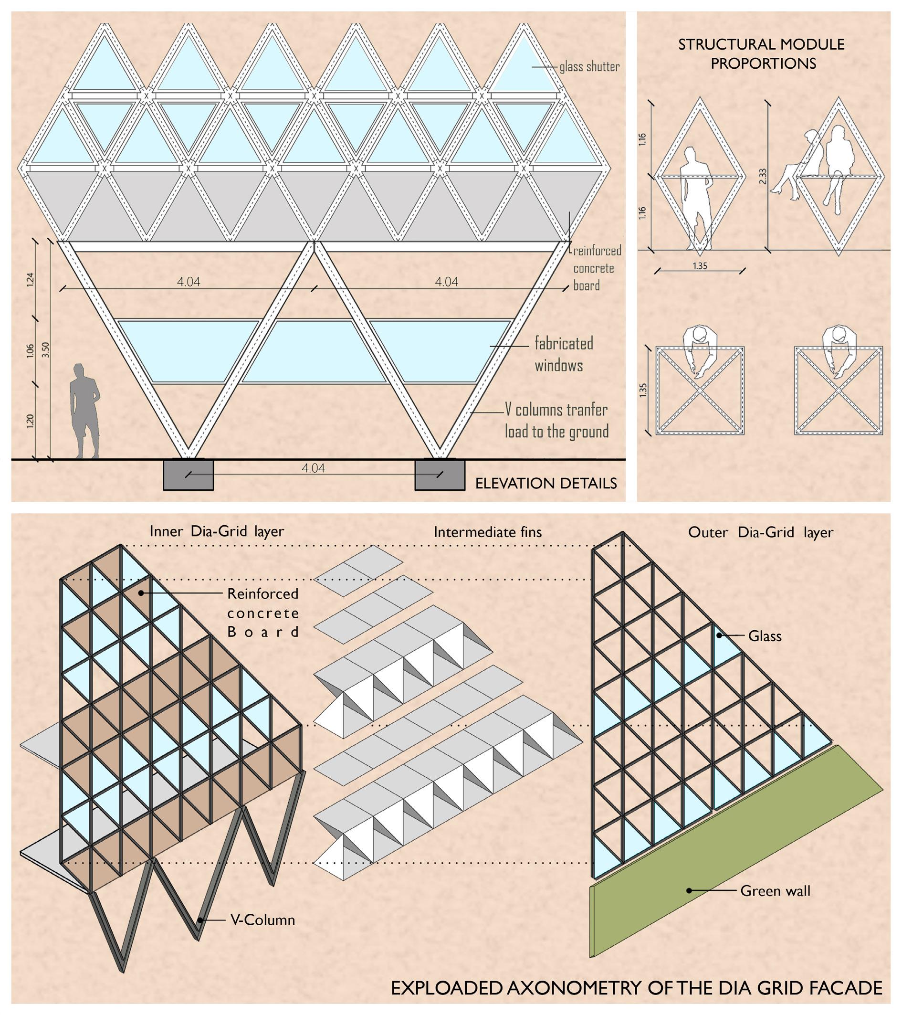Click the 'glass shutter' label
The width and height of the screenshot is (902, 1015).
click(589, 66)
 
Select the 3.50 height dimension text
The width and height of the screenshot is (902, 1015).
click(46, 349)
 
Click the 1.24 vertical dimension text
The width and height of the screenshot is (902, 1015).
click(30, 280)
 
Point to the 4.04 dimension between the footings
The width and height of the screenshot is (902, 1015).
click(313, 468)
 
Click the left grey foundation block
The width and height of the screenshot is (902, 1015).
click(188, 475)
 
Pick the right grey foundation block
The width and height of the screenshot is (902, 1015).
click(440, 475)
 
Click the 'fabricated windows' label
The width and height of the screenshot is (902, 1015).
click(563, 355)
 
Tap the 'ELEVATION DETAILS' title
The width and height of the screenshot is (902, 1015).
click(545, 484)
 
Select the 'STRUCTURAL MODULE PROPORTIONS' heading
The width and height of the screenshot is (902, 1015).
click(762, 53)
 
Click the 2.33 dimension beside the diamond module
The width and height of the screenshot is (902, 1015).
click(763, 176)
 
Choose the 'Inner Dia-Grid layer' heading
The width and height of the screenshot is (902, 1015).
click(217, 531)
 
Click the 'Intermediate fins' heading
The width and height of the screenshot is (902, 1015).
click(487, 532)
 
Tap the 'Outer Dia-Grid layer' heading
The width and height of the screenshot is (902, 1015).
click(760, 532)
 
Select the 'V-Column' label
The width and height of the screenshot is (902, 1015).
click(262, 920)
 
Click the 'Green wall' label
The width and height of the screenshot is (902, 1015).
click(775, 891)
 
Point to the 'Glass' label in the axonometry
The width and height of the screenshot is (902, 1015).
click(765, 636)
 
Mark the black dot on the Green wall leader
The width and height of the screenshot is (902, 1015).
click(689, 891)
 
